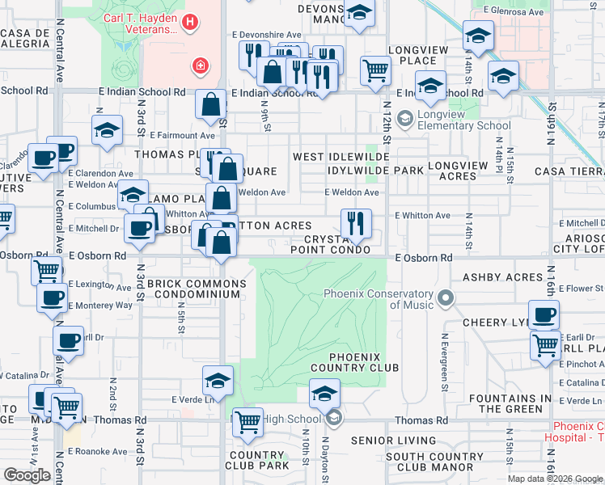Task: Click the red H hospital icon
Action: [x=189, y=23]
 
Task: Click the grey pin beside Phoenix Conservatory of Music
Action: [x=445, y=301]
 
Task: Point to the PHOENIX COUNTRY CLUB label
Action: [x=364, y=362]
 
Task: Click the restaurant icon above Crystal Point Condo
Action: [x=356, y=222]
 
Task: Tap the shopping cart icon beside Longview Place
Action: [x=375, y=70]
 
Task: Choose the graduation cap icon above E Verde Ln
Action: [x=218, y=380]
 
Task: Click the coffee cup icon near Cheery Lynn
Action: [x=544, y=314]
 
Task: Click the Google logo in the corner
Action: [x=27, y=475]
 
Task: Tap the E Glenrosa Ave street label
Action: [x=511, y=9]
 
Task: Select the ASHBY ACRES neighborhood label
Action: [x=501, y=277]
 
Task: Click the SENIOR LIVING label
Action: [x=393, y=441]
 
